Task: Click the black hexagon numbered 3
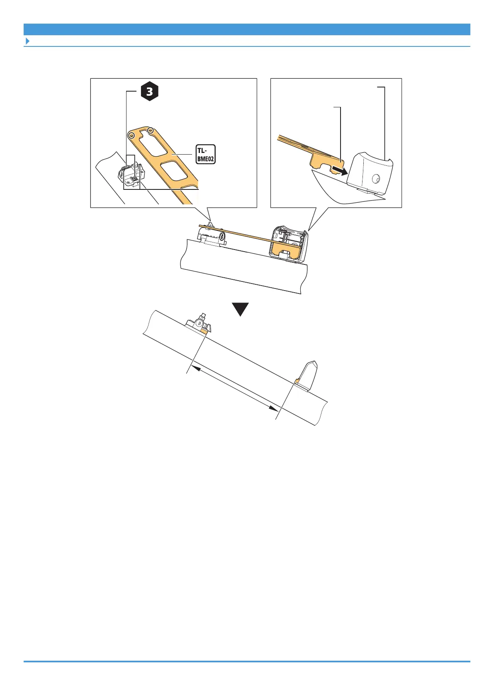click(149, 92)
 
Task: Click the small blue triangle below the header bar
click(27, 41)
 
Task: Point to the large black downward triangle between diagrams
click(240, 309)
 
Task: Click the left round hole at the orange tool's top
click(131, 136)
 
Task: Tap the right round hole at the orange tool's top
click(151, 131)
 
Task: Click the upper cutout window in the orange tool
click(153, 144)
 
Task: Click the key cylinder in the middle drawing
click(222, 237)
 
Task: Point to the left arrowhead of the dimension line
click(192, 367)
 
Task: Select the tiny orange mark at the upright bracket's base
click(297, 381)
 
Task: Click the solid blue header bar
click(247, 29)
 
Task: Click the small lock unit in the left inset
click(132, 173)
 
